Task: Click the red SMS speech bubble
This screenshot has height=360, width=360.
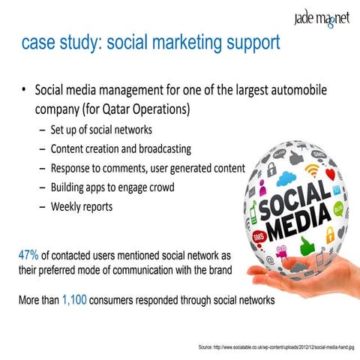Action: tap(259, 237)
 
